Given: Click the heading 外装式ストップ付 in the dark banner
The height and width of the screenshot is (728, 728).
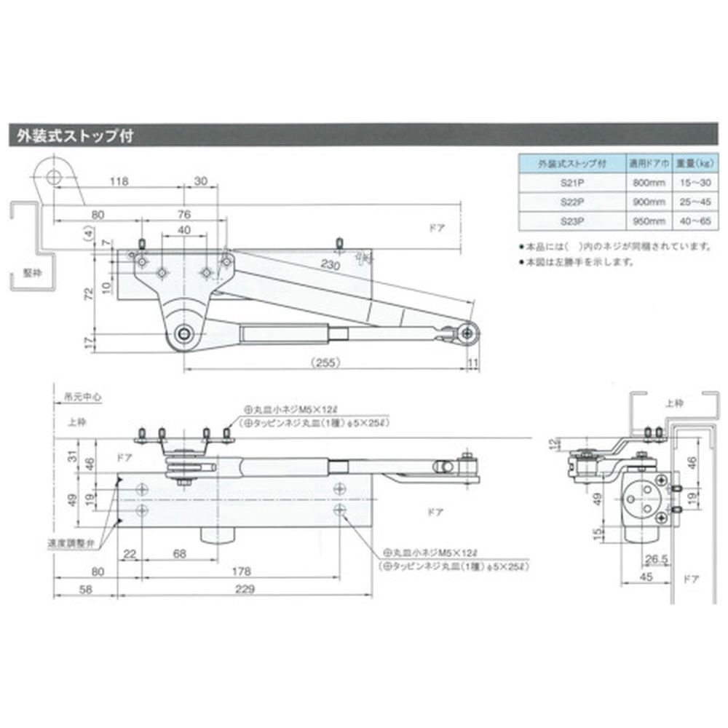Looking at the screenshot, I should point(70,136).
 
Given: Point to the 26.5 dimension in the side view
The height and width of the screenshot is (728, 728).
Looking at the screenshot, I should point(657,558).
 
